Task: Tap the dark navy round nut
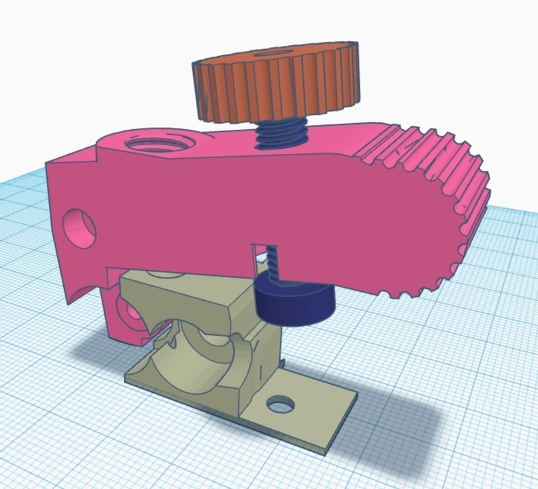coord(295,302)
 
